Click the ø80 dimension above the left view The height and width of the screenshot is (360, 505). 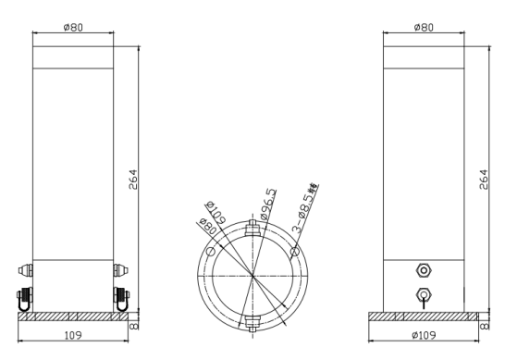[73, 27]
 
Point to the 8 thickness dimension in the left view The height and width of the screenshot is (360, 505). [135, 325]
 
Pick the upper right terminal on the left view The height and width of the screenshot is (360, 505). [120, 270]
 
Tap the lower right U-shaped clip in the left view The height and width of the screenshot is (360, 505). [120, 299]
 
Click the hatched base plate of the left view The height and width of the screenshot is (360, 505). [73, 317]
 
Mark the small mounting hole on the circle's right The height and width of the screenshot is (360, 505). [294, 251]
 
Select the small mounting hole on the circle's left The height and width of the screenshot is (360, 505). [211, 251]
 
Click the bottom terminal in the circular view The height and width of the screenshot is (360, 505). [252, 323]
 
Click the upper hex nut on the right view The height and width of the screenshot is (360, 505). [424, 270]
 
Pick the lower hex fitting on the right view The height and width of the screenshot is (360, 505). [424, 295]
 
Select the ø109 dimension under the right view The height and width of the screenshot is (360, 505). [423, 333]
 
